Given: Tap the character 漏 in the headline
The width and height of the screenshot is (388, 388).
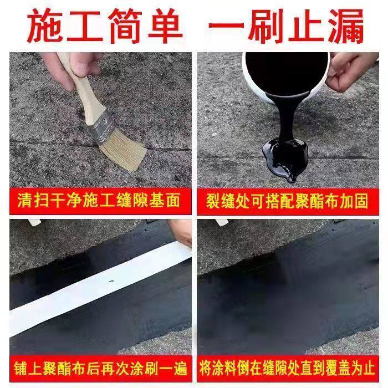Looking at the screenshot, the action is click(346, 26).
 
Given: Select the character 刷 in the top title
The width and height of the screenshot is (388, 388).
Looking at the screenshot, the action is click(266, 26).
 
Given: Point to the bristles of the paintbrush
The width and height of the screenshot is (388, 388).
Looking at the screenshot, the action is click(124, 154).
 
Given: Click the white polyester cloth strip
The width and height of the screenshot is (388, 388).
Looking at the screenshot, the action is click(99, 289).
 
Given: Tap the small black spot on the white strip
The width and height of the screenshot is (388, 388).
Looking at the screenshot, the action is click(111, 282).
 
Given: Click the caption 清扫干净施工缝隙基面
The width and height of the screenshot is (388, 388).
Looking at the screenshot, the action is click(99, 201).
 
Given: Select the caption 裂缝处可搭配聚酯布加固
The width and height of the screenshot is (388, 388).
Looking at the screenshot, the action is click(287, 201).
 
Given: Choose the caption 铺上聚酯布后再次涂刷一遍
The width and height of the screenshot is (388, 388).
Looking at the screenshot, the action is click(100, 369).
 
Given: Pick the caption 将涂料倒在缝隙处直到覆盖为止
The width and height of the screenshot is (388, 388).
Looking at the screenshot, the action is click(288, 369).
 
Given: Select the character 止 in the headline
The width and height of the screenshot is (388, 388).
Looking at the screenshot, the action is click(306, 26).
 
